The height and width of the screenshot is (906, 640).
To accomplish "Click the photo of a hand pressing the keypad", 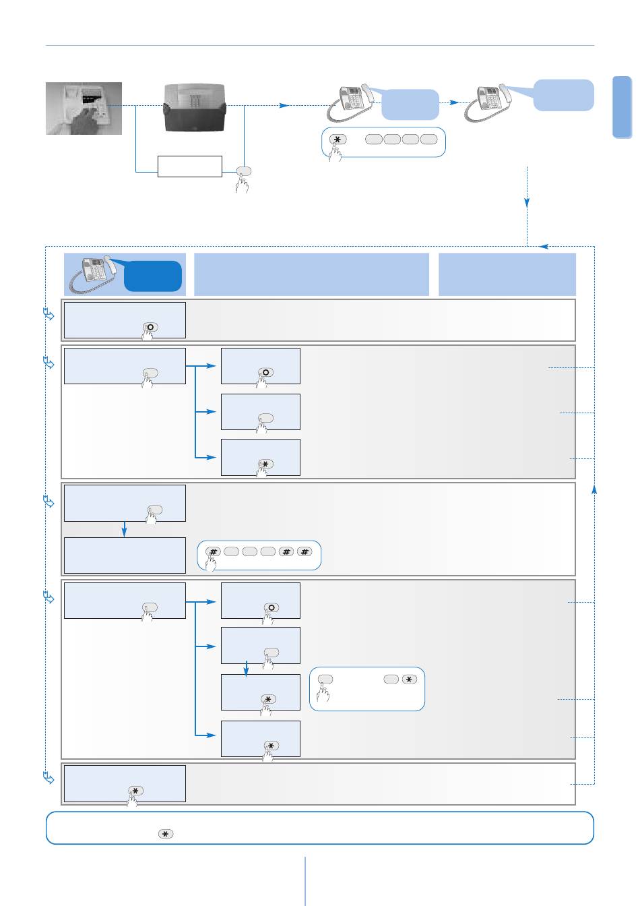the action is coord(84,109).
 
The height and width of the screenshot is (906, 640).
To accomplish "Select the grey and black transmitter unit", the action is coord(195,108).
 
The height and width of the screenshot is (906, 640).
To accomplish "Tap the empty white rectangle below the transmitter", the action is coord(189,167).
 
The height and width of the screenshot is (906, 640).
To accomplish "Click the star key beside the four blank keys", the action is coord(338,140).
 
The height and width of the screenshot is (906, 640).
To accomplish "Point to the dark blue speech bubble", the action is coord(152,276).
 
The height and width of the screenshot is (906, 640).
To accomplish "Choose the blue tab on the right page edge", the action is coord(622,107).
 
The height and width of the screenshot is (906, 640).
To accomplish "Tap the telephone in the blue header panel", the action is coord(93,274).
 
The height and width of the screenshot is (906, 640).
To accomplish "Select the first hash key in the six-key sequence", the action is coord(213,551).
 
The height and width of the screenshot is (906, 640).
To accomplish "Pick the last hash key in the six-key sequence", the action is coord(305,551).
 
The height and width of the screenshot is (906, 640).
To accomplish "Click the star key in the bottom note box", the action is coord(165,834).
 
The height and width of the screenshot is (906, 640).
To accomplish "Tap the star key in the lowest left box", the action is coord(135,791).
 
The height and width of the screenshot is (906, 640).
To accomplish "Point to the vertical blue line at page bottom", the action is coord(305,881).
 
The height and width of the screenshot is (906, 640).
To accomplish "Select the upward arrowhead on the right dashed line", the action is coord(594,489).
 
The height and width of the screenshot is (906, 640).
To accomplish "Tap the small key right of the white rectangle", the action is coord(243,171).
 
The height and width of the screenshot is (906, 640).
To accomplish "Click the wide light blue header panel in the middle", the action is coord(311,274).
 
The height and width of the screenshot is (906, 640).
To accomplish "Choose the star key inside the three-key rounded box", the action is coord(409,679).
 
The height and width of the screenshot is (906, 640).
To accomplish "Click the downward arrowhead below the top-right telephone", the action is coord(527,203).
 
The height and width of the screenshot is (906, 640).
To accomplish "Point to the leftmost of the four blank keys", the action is coord(374,139).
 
